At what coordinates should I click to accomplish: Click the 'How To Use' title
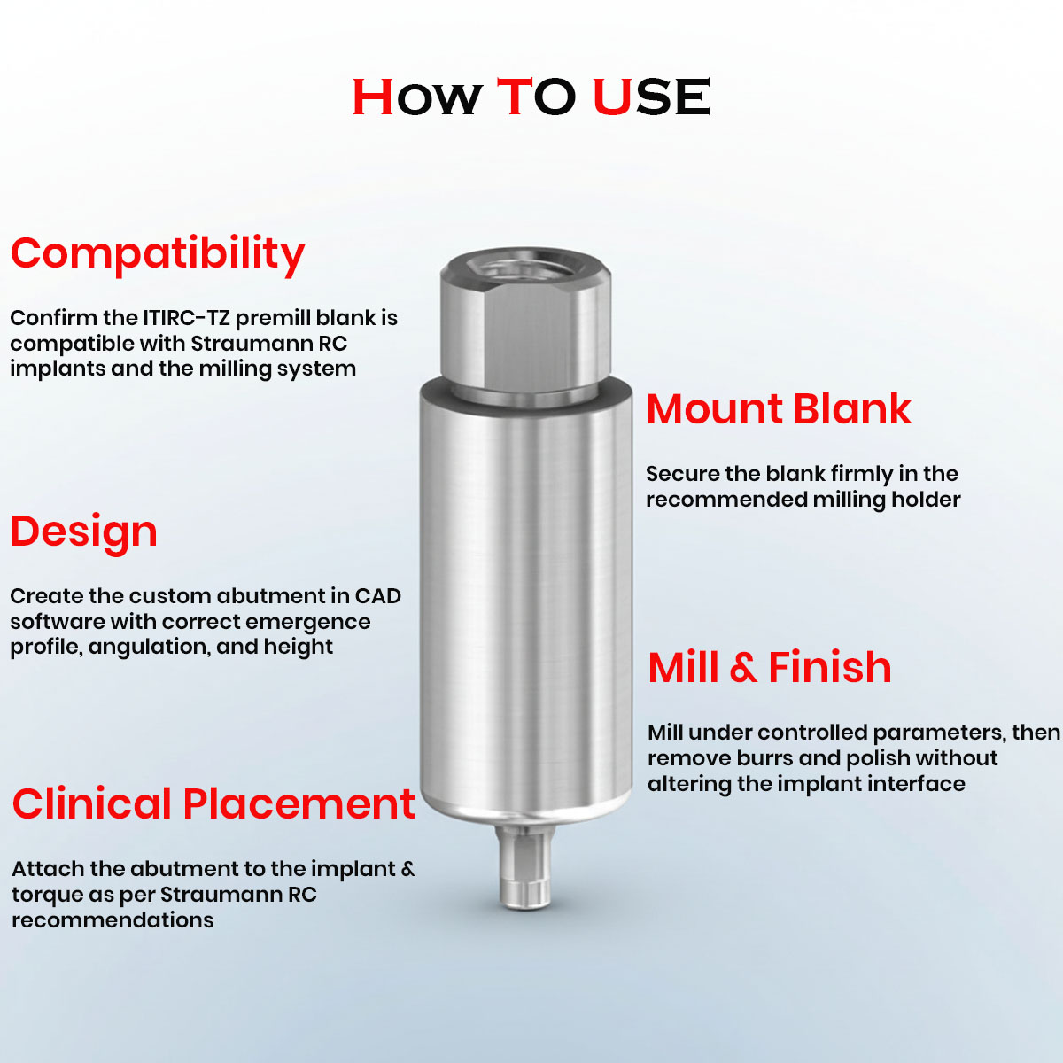tap(531, 97)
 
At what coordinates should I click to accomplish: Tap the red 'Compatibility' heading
tap(158, 254)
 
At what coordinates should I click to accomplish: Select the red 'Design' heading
tap(84, 531)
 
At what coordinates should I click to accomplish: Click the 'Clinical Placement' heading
tap(213, 804)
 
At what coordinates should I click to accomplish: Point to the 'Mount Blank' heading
tap(779, 409)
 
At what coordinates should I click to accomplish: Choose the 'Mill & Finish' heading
tap(769, 668)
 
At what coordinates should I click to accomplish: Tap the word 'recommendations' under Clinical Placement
tap(113, 920)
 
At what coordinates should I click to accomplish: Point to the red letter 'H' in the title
tap(373, 97)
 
